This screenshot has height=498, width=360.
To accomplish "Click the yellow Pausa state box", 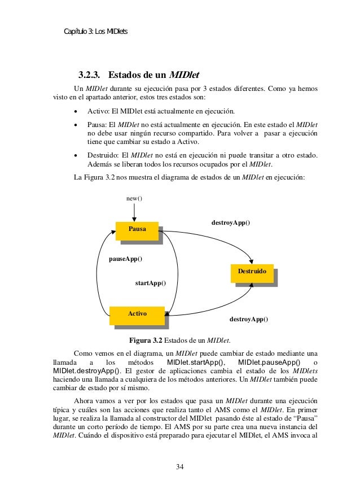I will point(137,230).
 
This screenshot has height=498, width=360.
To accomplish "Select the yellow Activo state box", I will point(138,313).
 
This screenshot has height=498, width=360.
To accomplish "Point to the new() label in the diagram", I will point(134,198).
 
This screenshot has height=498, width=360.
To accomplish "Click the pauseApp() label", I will point(125,259).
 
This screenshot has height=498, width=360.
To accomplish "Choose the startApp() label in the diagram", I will point(151,282).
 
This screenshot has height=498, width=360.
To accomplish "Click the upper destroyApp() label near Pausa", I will point(231,223).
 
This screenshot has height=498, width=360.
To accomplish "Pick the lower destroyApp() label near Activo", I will point(249,319).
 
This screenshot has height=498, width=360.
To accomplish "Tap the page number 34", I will point(180,466).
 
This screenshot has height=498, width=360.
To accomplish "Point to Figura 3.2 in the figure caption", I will point(146,340).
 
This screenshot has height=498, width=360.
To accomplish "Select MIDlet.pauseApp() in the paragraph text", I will point(269,362).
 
